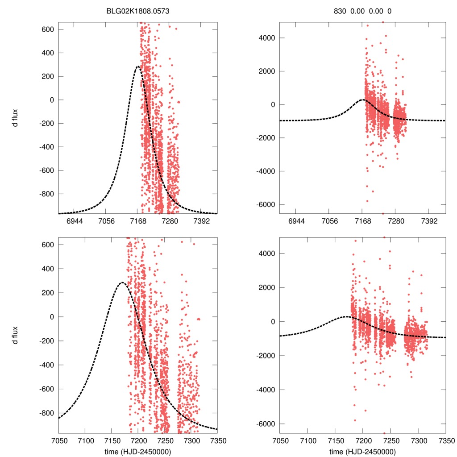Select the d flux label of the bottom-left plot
pyautogui.click(x=15, y=335)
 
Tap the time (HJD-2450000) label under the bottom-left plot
pyautogui.click(x=138, y=451)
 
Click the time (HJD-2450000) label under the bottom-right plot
pyautogui.click(x=362, y=451)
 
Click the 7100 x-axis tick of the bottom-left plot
pyautogui.click(x=85, y=440)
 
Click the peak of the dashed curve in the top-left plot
pyautogui.click(x=138, y=67)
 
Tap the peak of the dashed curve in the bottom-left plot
pyautogui.click(x=122, y=283)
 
